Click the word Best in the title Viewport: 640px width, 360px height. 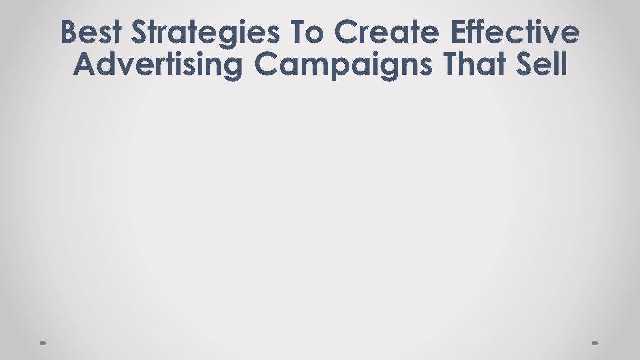pyautogui.click(x=91, y=32)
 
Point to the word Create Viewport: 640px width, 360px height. pyautogui.click(x=387, y=32)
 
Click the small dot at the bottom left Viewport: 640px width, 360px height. pyautogui.click(x=43, y=343)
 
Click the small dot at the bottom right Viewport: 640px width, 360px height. pyautogui.click(x=595, y=343)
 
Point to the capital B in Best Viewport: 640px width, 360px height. pyautogui.click(x=70, y=32)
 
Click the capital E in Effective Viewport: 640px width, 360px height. pyautogui.click(x=458, y=32)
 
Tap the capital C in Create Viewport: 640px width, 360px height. pyautogui.click(x=347, y=32)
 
